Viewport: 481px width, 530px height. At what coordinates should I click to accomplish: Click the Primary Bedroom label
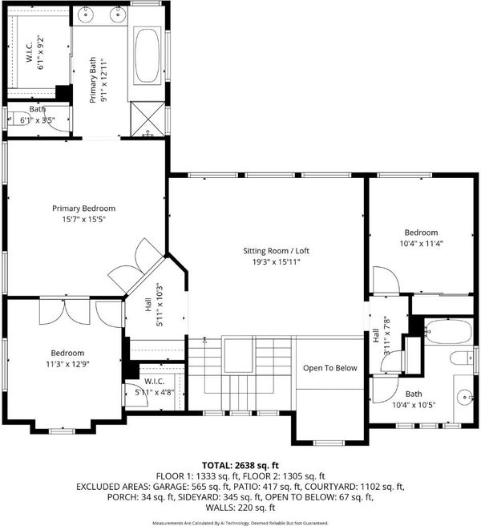click(84, 208)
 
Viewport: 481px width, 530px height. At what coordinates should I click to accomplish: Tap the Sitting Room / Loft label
click(276, 251)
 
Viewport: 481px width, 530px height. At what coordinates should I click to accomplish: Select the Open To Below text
click(330, 368)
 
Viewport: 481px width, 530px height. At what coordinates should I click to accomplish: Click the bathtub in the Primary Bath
click(147, 56)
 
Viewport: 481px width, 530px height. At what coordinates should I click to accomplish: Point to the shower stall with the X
click(148, 119)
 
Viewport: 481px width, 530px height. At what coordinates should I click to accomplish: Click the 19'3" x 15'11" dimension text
click(276, 261)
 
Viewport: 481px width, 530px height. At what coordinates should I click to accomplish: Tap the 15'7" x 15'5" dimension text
click(84, 220)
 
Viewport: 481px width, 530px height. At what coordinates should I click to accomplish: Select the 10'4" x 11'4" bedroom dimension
click(421, 244)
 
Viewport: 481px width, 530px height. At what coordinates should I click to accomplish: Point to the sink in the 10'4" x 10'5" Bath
click(465, 397)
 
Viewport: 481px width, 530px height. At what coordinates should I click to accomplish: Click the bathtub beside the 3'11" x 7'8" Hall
click(448, 331)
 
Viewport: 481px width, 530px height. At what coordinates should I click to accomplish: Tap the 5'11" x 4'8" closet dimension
click(154, 393)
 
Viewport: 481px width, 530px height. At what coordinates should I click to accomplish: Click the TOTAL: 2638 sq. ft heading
click(240, 465)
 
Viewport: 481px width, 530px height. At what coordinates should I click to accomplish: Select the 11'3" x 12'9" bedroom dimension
click(67, 364)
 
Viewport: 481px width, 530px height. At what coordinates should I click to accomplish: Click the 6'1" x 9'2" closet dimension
click(41, 52)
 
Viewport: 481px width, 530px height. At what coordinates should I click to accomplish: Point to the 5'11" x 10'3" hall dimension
click(160, 305)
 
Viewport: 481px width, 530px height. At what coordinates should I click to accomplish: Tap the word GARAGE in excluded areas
click(171, 487)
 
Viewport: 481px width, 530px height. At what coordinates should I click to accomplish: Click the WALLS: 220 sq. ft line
click(240, 508)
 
